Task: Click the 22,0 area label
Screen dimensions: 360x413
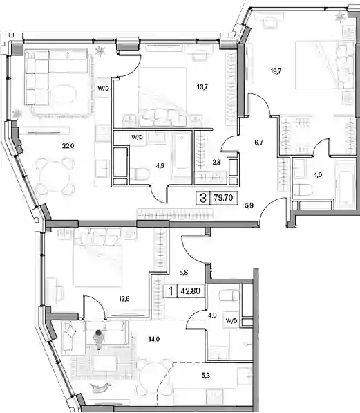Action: [68, 146]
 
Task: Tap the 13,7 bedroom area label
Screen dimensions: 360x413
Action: [202, 87]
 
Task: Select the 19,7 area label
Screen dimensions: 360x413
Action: [276, 71]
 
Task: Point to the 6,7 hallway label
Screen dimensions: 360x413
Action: [258, 143]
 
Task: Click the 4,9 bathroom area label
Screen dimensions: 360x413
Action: [160, 165]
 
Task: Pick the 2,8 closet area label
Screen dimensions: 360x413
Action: [216, 163]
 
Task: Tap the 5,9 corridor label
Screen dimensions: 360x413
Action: [249, 205]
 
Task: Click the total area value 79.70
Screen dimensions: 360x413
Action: [223, 198]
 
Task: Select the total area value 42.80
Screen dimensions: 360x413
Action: [191, 291]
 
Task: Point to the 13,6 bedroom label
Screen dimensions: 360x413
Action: [124, 299]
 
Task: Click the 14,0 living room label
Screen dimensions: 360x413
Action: [154, 339]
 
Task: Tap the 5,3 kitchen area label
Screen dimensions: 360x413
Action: [205, 376]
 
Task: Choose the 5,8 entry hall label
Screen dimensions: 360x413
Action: [183, 273]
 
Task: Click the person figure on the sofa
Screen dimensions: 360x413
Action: [98, 340]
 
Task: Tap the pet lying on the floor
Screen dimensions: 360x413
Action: [100, 387]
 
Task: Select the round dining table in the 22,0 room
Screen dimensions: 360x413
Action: [55, 176]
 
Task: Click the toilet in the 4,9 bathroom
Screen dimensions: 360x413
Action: [140, 174]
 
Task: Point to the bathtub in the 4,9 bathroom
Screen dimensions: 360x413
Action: [181, 152]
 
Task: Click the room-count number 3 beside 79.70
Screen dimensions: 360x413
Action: [203, 198]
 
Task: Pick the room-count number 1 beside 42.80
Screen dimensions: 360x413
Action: [171, 291]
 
